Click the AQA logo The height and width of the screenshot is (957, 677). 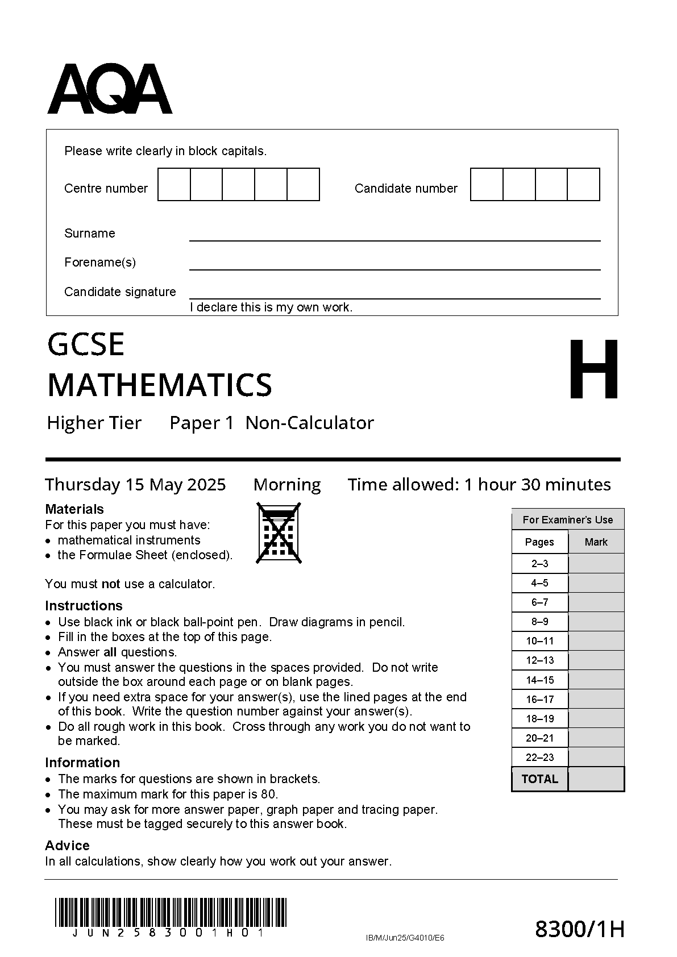[x=109, y=89]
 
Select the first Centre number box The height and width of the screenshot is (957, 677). [x=174, y=184]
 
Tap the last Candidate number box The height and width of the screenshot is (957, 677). [x=583, y=184]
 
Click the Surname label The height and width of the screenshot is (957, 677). [x=89, y=233]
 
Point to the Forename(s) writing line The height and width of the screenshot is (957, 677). [x=394, y=268]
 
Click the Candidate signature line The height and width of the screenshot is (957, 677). [x=394, y=297]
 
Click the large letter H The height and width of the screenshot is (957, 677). [x=593, y=369]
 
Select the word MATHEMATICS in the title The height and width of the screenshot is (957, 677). [x=160, y=385]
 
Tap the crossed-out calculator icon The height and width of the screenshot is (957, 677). [x=279, y=532]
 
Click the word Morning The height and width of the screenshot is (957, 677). [x=287, y=485]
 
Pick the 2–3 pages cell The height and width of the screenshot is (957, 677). [x=539, y=564]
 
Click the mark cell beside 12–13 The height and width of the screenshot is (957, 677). [x=596, y=660]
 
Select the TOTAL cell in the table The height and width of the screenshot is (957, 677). [x=539, y=779]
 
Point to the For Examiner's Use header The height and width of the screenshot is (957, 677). [x=567, y=519]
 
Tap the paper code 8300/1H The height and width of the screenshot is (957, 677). [x=580, y=929]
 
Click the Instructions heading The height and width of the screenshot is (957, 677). [x=84, y=606]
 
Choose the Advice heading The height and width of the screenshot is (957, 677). [x=67, y=845]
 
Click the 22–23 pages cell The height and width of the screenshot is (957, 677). [x=539, y=757]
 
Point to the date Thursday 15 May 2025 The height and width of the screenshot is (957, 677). [x=135, y=485]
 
